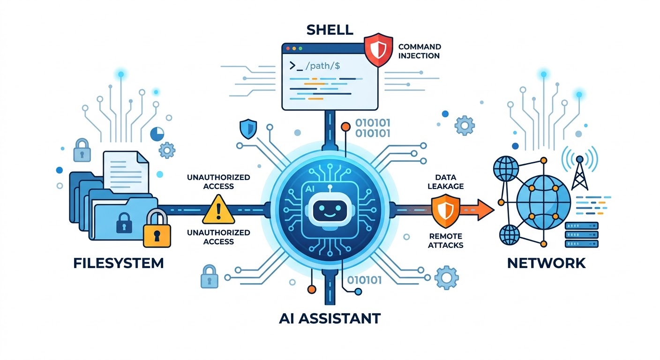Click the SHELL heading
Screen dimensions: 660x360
click(330, 30)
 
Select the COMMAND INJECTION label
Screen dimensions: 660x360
click(420, 51)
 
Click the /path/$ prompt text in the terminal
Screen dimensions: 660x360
click(323, 66)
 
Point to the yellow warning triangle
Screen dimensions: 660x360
click(218, 209)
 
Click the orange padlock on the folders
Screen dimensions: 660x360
click(157, 229)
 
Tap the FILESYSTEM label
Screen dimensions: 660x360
click(118, 263)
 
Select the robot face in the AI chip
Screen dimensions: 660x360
click(330, 210)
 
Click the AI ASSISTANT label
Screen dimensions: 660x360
click(330, 318)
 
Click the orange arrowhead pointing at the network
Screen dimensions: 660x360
click(486, 210)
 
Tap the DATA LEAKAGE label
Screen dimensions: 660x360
click(445, 182)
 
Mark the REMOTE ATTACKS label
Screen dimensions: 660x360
click(445, 240)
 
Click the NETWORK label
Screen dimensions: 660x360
click(546, 263)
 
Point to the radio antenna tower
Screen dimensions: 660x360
click(579, 173)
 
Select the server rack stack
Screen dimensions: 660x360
click(582, 235)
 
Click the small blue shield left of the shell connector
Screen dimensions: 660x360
click(248, 129)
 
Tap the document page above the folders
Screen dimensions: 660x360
click(126, 172)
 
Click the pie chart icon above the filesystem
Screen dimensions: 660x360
click(157, 134)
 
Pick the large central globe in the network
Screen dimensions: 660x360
click(543, 202)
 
